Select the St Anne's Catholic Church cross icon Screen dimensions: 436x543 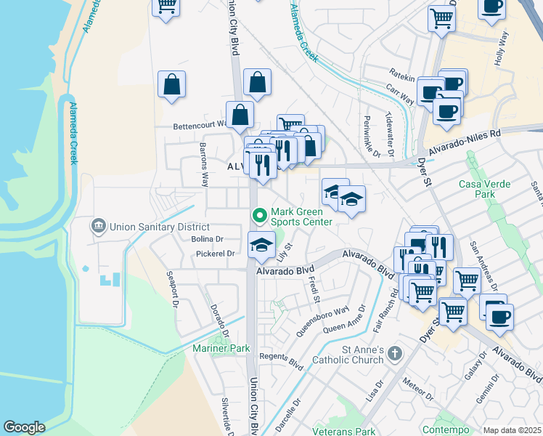tap(394, 354)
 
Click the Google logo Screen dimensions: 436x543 tap(24, 427)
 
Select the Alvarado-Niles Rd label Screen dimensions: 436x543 tap(465, 142)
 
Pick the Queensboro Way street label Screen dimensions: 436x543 tap(322, 320)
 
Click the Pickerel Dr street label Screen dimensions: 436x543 tap(216, 254)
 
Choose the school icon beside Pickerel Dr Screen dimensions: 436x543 tap(261, 246)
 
